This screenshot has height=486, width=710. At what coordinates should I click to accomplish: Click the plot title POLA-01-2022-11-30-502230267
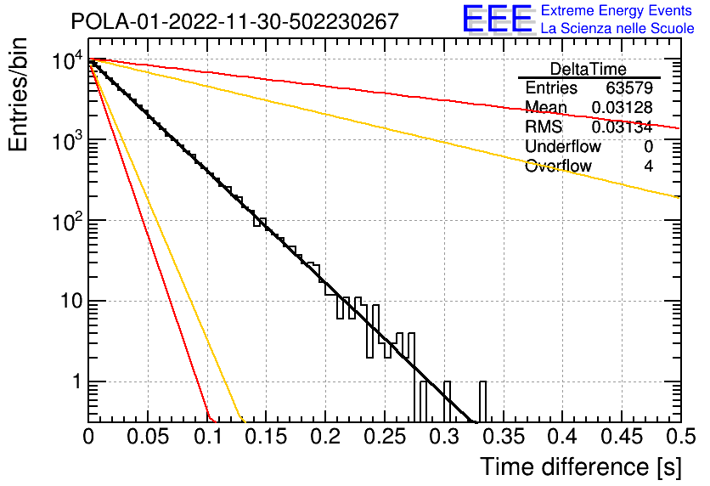pyautogui.click(x=235, y=21)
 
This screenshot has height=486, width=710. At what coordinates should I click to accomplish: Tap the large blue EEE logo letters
pyautogui.click(x=498, y=19)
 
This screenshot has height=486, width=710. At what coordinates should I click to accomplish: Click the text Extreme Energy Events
pyautogui.click(x=617, y=10)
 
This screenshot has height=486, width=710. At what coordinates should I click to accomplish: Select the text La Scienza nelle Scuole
pyautogui.click(x=617, y=29)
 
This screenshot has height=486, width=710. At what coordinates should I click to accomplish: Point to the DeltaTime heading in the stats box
pyautogui.click(x=589, y=69)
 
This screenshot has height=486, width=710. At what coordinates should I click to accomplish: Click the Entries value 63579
pyautogui.click(x=629, y=88)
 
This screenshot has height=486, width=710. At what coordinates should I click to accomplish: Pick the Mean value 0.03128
pyautogui.click(x=623, y=107)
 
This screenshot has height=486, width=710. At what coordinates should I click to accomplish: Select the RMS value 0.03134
pyautogui.click(x=623, y=127)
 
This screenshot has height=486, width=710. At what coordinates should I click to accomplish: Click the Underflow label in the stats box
pyautogui.click(x=563, y=146)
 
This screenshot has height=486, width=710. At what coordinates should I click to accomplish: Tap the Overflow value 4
pyautogui.click(x=648, y=167)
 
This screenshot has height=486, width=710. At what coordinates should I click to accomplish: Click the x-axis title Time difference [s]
pyautogui.click(x=581, y=466)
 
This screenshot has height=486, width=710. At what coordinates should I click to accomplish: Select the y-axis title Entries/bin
pyautogui.click(x=18, y=94)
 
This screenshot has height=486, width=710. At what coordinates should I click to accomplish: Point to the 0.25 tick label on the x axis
pyautogui.click(x=386, y=437)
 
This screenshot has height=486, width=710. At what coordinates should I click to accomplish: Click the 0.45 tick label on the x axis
pyautogui.click(x=622, y=437)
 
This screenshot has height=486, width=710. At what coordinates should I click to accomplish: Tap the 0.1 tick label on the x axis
pyautogui.click(x=208, y=437)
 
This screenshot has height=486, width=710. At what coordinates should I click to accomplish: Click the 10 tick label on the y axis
pyautogui.click(x=72, y=301)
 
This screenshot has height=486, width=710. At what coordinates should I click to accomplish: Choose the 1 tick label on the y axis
pyautogui.click(x=77, y=381)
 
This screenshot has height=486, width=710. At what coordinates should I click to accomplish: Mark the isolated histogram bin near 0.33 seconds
pyautogui.click(x=482, y=402)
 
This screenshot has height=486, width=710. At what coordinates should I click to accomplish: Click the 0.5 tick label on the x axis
pyautogui.click(x=681, y=437)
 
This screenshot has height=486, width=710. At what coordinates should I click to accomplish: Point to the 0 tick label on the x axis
pyautogui.click(x=88, y=437)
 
